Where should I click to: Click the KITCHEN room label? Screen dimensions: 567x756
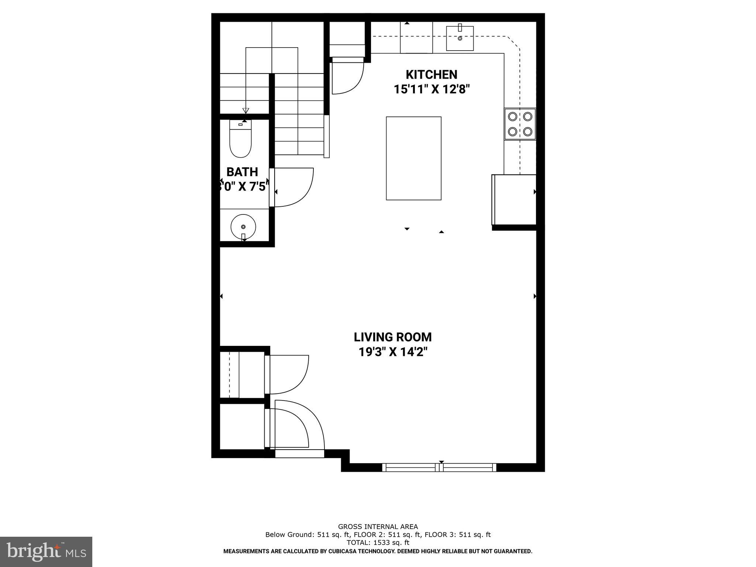431,75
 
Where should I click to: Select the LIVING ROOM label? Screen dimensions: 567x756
392,337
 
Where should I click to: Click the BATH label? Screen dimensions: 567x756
242,172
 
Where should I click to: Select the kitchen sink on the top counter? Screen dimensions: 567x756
460,38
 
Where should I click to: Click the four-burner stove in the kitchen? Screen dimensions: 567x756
520,124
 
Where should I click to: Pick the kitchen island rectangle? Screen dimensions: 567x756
413,158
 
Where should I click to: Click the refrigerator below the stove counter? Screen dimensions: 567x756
514,199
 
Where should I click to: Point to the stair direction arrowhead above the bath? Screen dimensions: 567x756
245,110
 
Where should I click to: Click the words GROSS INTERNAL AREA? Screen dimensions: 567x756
378,527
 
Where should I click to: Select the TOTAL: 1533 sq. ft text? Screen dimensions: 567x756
378,542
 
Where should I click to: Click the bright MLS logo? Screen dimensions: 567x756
46,552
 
